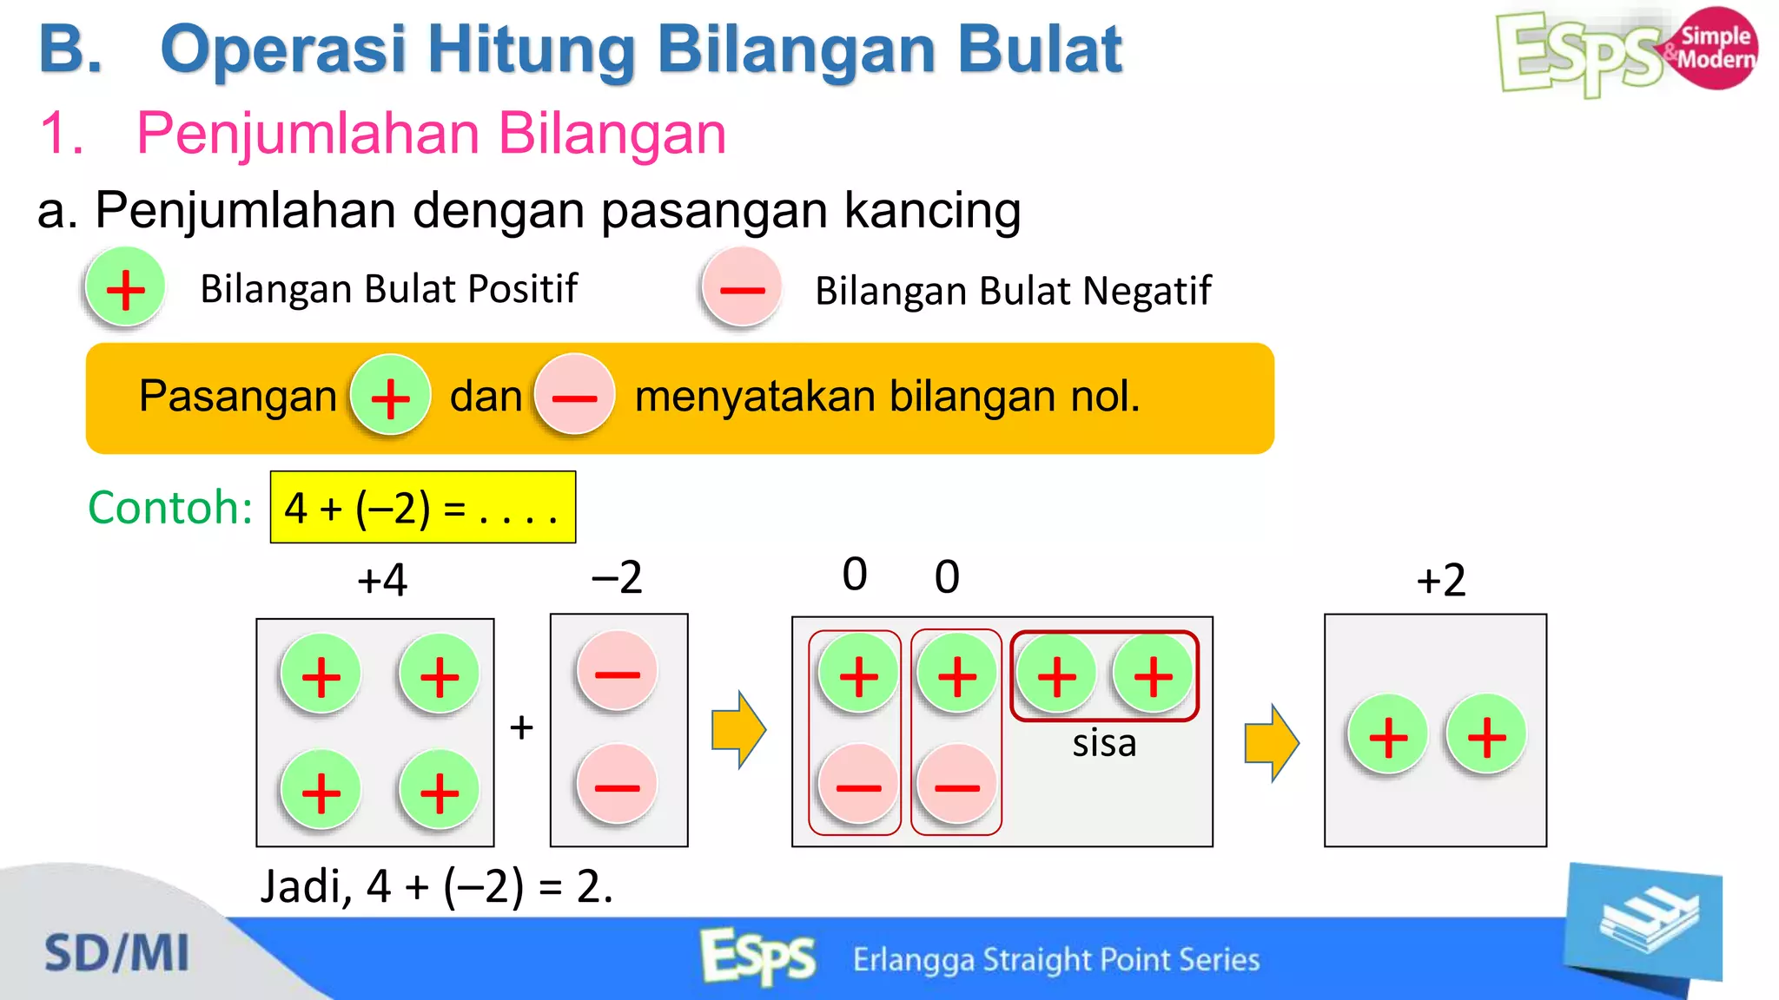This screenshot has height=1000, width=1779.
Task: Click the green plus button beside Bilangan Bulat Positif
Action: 125,288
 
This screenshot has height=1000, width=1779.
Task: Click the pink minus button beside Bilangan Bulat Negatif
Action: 742,289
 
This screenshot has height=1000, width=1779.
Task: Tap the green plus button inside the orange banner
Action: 390,396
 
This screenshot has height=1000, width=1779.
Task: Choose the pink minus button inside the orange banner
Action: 574,396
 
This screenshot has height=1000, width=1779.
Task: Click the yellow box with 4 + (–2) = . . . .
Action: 422,507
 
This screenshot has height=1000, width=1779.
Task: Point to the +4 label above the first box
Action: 382,579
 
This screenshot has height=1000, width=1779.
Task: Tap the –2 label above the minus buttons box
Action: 617,577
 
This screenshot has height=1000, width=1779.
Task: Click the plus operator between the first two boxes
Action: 521,727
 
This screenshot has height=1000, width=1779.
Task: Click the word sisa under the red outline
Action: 1104,743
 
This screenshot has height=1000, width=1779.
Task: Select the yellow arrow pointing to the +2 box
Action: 1271,742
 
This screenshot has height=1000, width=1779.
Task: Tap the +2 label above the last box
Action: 1440,579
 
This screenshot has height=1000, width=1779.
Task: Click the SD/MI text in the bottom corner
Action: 116,953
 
